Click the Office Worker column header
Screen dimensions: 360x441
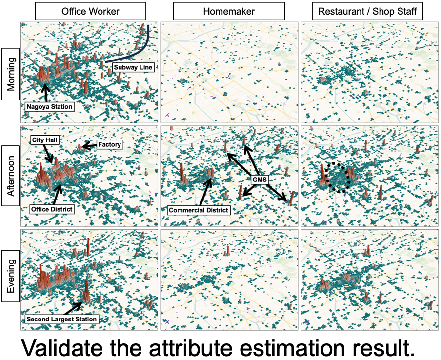[x=90, y=11]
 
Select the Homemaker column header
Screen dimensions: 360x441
[x=230, y=11]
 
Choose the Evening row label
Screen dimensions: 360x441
[x=10, y=278]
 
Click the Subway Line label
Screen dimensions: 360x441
[x=133, y=67]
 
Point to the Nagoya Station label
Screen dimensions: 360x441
[x=49, y=106]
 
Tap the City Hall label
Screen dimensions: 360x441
[x=45, y=140]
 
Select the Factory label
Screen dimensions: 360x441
[x=109, y=145]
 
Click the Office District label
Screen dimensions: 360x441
[x=51, y=209]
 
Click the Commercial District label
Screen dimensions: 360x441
[x=198, y=210]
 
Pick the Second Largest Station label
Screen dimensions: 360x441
[x=62, y=320]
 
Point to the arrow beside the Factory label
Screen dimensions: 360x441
[x=88, y=145]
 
